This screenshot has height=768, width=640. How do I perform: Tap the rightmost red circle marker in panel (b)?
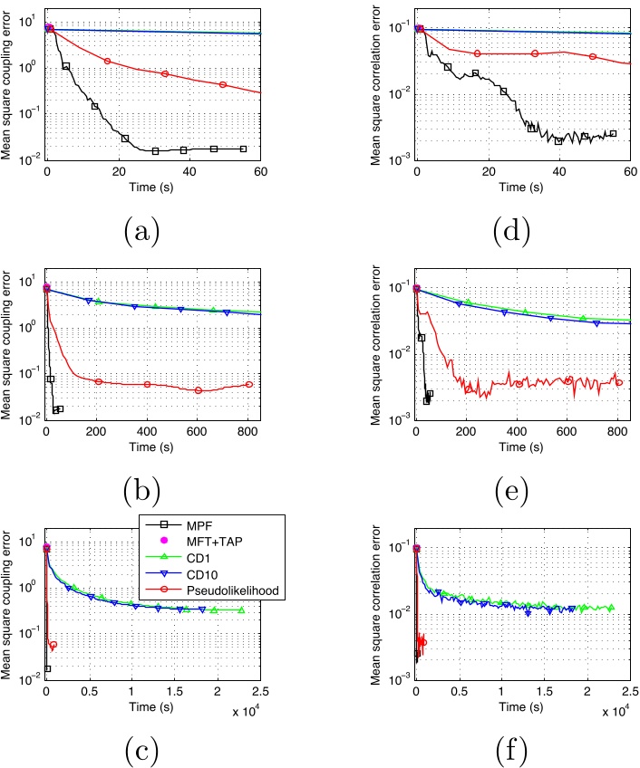[249, 384]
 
